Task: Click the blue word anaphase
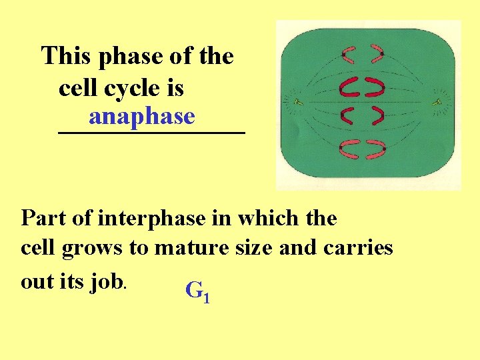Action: pos(141,117)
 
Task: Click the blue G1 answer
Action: pos(197,291)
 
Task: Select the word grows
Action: pos(92,248)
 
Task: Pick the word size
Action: pos(253,248)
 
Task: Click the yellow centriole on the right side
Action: pos(438,102)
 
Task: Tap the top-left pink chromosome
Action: pos(349,53)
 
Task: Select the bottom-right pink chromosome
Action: pos(377,149)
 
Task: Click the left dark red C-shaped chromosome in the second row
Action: pos(349,85)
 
